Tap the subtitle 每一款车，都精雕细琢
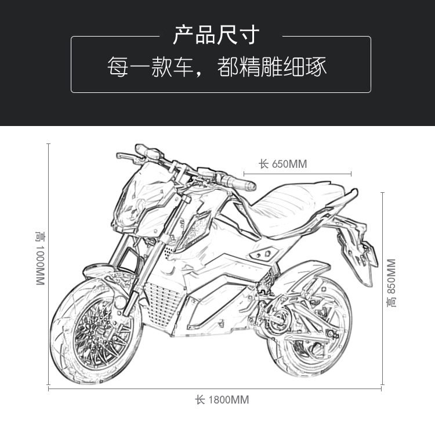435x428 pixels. pos(217,67)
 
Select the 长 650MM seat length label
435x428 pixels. pos(282,164)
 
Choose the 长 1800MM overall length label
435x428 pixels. pos(222,400)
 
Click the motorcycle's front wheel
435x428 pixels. pos(96,328)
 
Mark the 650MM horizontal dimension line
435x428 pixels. pos(298,173)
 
